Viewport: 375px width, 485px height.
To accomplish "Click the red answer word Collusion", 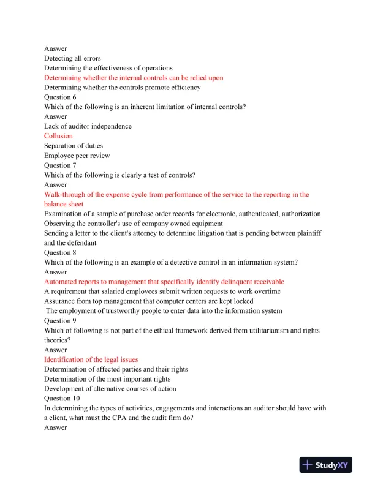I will (58, 136).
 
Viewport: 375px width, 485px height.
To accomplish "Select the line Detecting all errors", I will (72, 58).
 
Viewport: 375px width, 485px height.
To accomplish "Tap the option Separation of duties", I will (74, 146).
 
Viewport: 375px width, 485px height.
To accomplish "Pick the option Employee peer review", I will (76, 156).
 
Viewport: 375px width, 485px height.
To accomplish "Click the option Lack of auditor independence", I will (88, 126).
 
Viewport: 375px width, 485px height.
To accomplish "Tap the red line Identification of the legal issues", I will (91, 359).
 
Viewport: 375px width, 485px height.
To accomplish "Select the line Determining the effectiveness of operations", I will (108, 68).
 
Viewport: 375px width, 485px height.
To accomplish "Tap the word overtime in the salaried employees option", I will (268, 291).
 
